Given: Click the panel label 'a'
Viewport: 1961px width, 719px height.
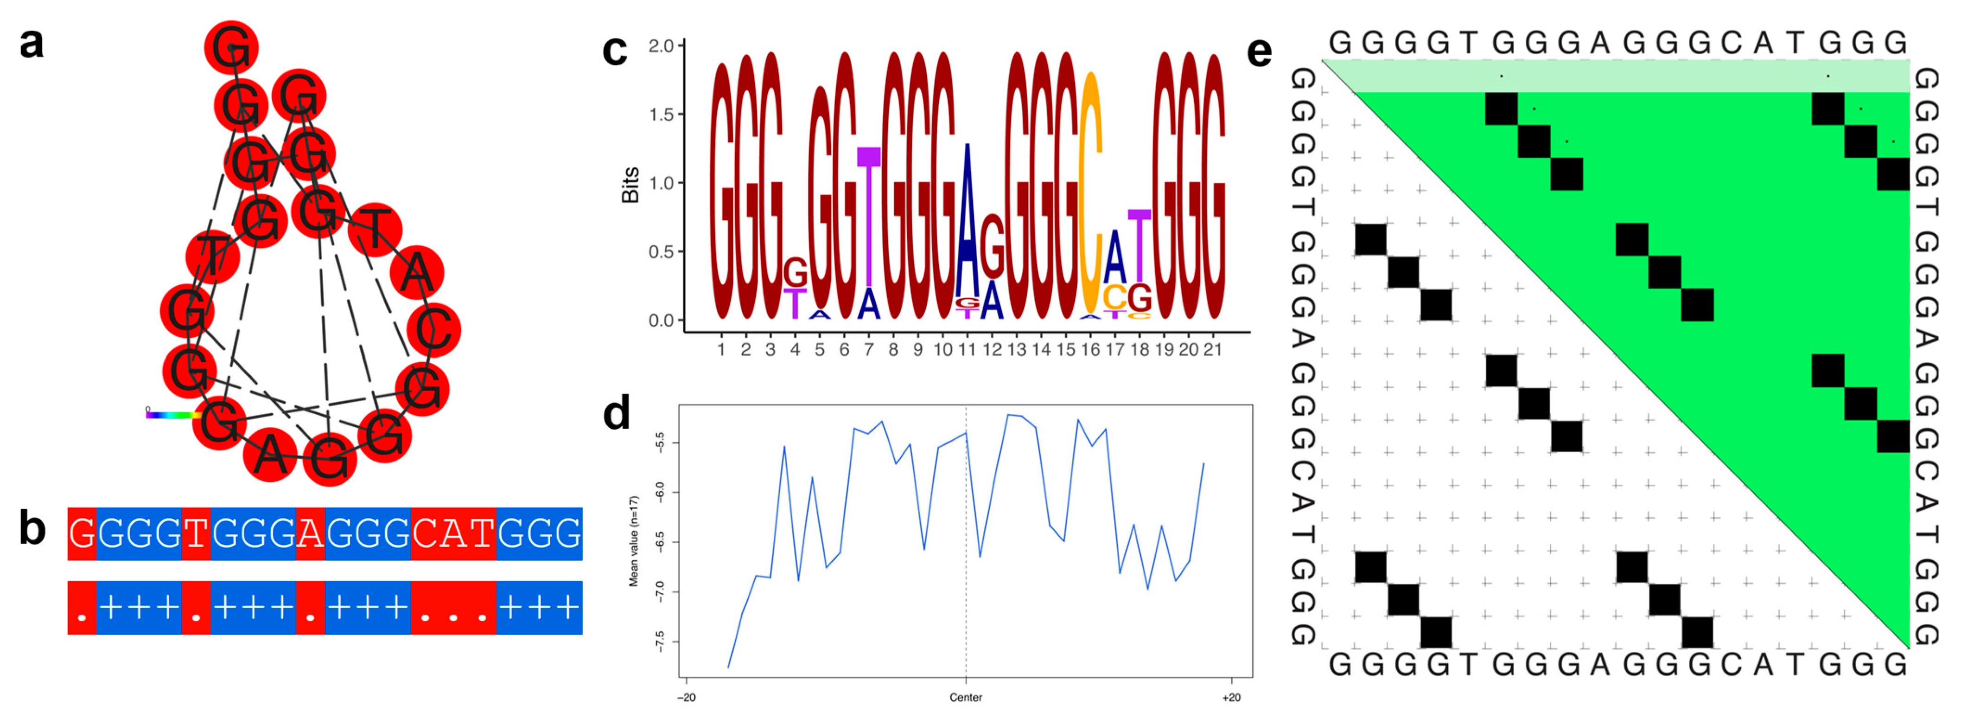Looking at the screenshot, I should click(31, 44).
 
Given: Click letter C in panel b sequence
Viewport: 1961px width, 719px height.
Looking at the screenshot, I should click(425, 533).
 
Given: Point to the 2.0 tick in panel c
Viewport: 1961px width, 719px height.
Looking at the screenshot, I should click(661, 46).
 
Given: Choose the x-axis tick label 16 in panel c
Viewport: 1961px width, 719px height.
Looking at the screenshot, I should click(1090, 350).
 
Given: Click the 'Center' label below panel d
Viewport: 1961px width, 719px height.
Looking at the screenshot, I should click(965, 697).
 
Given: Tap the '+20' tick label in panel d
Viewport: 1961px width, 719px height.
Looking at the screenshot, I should click(1230, 697).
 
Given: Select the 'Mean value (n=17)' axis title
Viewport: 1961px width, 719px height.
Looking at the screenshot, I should click(633, 541).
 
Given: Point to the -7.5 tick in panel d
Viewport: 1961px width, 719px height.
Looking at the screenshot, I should click(659, 642).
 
